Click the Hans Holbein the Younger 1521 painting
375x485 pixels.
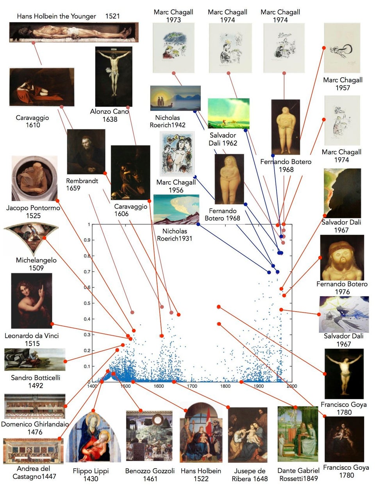click(x=74, y=32)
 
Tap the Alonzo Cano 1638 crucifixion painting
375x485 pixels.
click(x=114, y=77)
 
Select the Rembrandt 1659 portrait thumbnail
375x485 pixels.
click(x=86, y=152)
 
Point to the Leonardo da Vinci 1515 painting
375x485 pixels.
click(x=32, y=300)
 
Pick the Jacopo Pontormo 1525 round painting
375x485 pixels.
click(x=34, y=178)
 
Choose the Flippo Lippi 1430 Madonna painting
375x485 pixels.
click(x=93, y=437)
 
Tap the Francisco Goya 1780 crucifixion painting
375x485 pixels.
click(x=344, y=374)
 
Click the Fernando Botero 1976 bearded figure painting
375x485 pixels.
click(x=342, y=258)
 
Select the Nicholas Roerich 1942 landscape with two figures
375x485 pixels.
click(x=175, y=98)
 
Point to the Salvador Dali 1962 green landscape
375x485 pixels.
click(x=229, y=113)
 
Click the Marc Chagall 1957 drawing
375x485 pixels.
click(x=342, y=48)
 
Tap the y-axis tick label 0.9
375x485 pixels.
click(x=87, y=240)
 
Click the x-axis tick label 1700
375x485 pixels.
click(x=192, y=386)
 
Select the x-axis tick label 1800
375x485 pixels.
click(x=225, y=386)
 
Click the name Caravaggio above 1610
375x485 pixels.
click(x=32, y=118)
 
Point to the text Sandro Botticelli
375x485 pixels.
click(x=36, y=378)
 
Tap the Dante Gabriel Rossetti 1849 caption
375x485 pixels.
click(x=299, y=474)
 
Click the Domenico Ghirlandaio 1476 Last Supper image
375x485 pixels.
click(x=35, y=406)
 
